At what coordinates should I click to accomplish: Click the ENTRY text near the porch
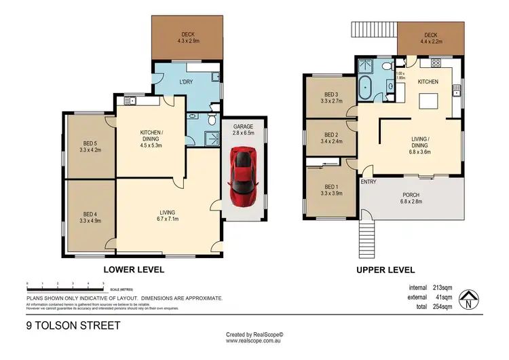(x=369, y=182)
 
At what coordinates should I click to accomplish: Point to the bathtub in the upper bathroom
(x=367, y=89)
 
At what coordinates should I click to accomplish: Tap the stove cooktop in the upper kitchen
(x=435, y=64)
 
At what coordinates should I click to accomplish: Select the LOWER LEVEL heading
(x=133, y=270)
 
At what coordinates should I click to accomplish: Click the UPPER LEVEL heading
(x=385, y=270)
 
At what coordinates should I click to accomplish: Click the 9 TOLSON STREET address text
(x=73, y=325)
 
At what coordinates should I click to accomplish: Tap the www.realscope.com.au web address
(x=254, y=340)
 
